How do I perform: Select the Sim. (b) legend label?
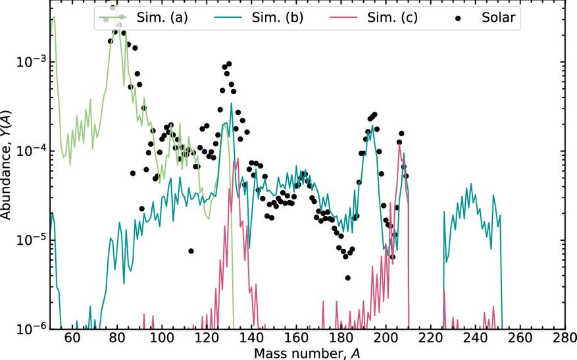point(277,18)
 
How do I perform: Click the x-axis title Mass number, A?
point(307,353)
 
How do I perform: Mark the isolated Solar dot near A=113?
point(191,251)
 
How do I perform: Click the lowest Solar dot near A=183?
point(347,277)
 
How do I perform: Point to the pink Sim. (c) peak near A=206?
point(399,145)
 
